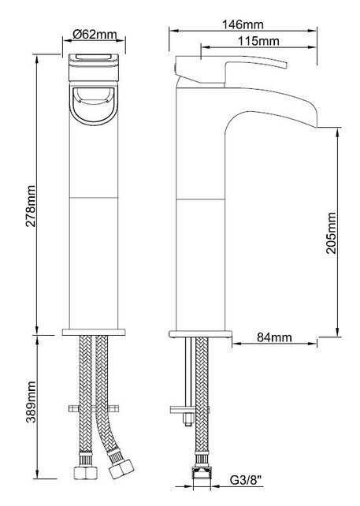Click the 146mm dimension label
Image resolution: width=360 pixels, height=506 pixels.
[243, 24]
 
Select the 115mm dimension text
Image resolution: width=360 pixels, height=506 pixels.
[258, 41]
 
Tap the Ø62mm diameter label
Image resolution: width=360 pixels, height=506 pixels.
[95, 34]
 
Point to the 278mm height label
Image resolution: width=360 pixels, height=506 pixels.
[31, 206]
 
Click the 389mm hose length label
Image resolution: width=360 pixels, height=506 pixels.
[31, 402]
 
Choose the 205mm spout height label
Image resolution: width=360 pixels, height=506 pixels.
[331, 233]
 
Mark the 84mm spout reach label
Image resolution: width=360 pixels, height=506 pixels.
[274, 337]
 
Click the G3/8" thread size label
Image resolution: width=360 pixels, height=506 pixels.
[246, 481]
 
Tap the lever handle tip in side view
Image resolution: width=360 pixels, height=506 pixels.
[285, 65]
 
